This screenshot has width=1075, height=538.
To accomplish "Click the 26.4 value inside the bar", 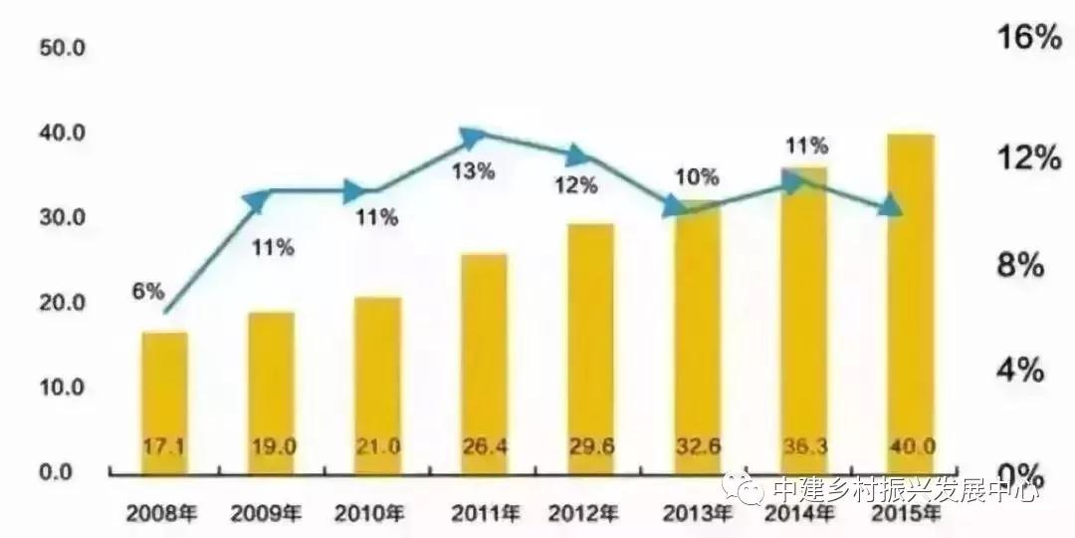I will pyautogui.click(x=484, y=445).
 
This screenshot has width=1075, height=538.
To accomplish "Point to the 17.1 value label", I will pyautogui.click(x=164, y=445).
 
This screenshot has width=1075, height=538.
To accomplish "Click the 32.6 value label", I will pyautogui.click(x=697, y=445).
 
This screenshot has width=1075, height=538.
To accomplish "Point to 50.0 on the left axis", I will pyautogui.click(x=61, y=49).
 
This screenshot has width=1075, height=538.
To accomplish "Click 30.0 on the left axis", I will pyautogui.click(x=61, y=218).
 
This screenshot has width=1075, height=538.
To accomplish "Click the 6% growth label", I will pyautogui.click(x=146, y=291).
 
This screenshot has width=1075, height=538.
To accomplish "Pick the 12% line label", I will pyautogui.click(x=576, y=185).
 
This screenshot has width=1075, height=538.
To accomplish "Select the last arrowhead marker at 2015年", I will pyautogui.click(x=891, y=208).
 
